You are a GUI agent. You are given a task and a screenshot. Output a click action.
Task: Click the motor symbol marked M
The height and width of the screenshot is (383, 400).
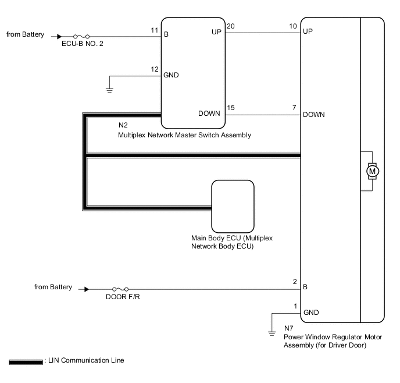(371, 171)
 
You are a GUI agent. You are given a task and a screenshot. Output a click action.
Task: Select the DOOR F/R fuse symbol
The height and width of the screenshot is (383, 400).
(121, 289)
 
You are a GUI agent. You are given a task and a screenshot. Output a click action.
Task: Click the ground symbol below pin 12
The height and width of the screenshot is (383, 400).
(109, 90)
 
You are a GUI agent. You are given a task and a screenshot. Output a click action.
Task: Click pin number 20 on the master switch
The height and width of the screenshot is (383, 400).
(231, 26)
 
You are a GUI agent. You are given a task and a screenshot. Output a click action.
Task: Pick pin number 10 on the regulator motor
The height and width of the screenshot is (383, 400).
(293, 26)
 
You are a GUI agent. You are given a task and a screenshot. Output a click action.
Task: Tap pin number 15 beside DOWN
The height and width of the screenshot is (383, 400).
(231, 107)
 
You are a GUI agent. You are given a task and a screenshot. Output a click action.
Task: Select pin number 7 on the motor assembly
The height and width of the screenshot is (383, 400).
(295, 107)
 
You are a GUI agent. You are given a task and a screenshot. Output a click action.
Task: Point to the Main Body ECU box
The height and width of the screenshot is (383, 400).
(233, 206)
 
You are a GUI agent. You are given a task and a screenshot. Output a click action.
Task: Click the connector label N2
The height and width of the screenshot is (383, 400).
(123, 125)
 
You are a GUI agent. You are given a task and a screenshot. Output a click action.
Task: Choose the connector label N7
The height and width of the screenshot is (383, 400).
(289, 328)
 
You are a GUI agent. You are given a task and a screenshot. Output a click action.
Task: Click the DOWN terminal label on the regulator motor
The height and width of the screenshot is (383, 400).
(313, 115)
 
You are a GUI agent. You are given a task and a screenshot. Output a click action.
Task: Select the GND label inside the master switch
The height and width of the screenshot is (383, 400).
(172, 75)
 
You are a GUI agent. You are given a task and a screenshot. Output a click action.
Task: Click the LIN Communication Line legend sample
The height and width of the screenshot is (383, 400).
(26, 361)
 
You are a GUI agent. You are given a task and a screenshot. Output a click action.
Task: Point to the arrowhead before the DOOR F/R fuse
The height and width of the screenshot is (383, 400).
(87, 289)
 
